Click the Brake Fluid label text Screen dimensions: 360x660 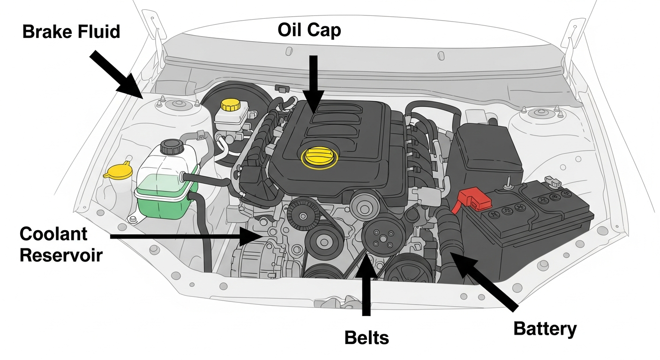point(71,32)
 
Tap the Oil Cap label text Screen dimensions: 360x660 point(309,30)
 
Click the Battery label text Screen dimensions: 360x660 point(545,329)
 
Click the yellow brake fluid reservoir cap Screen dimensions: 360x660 point(230,105)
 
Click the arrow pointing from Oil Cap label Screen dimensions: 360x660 point(313,82)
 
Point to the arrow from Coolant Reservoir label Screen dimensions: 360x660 point(183,237)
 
